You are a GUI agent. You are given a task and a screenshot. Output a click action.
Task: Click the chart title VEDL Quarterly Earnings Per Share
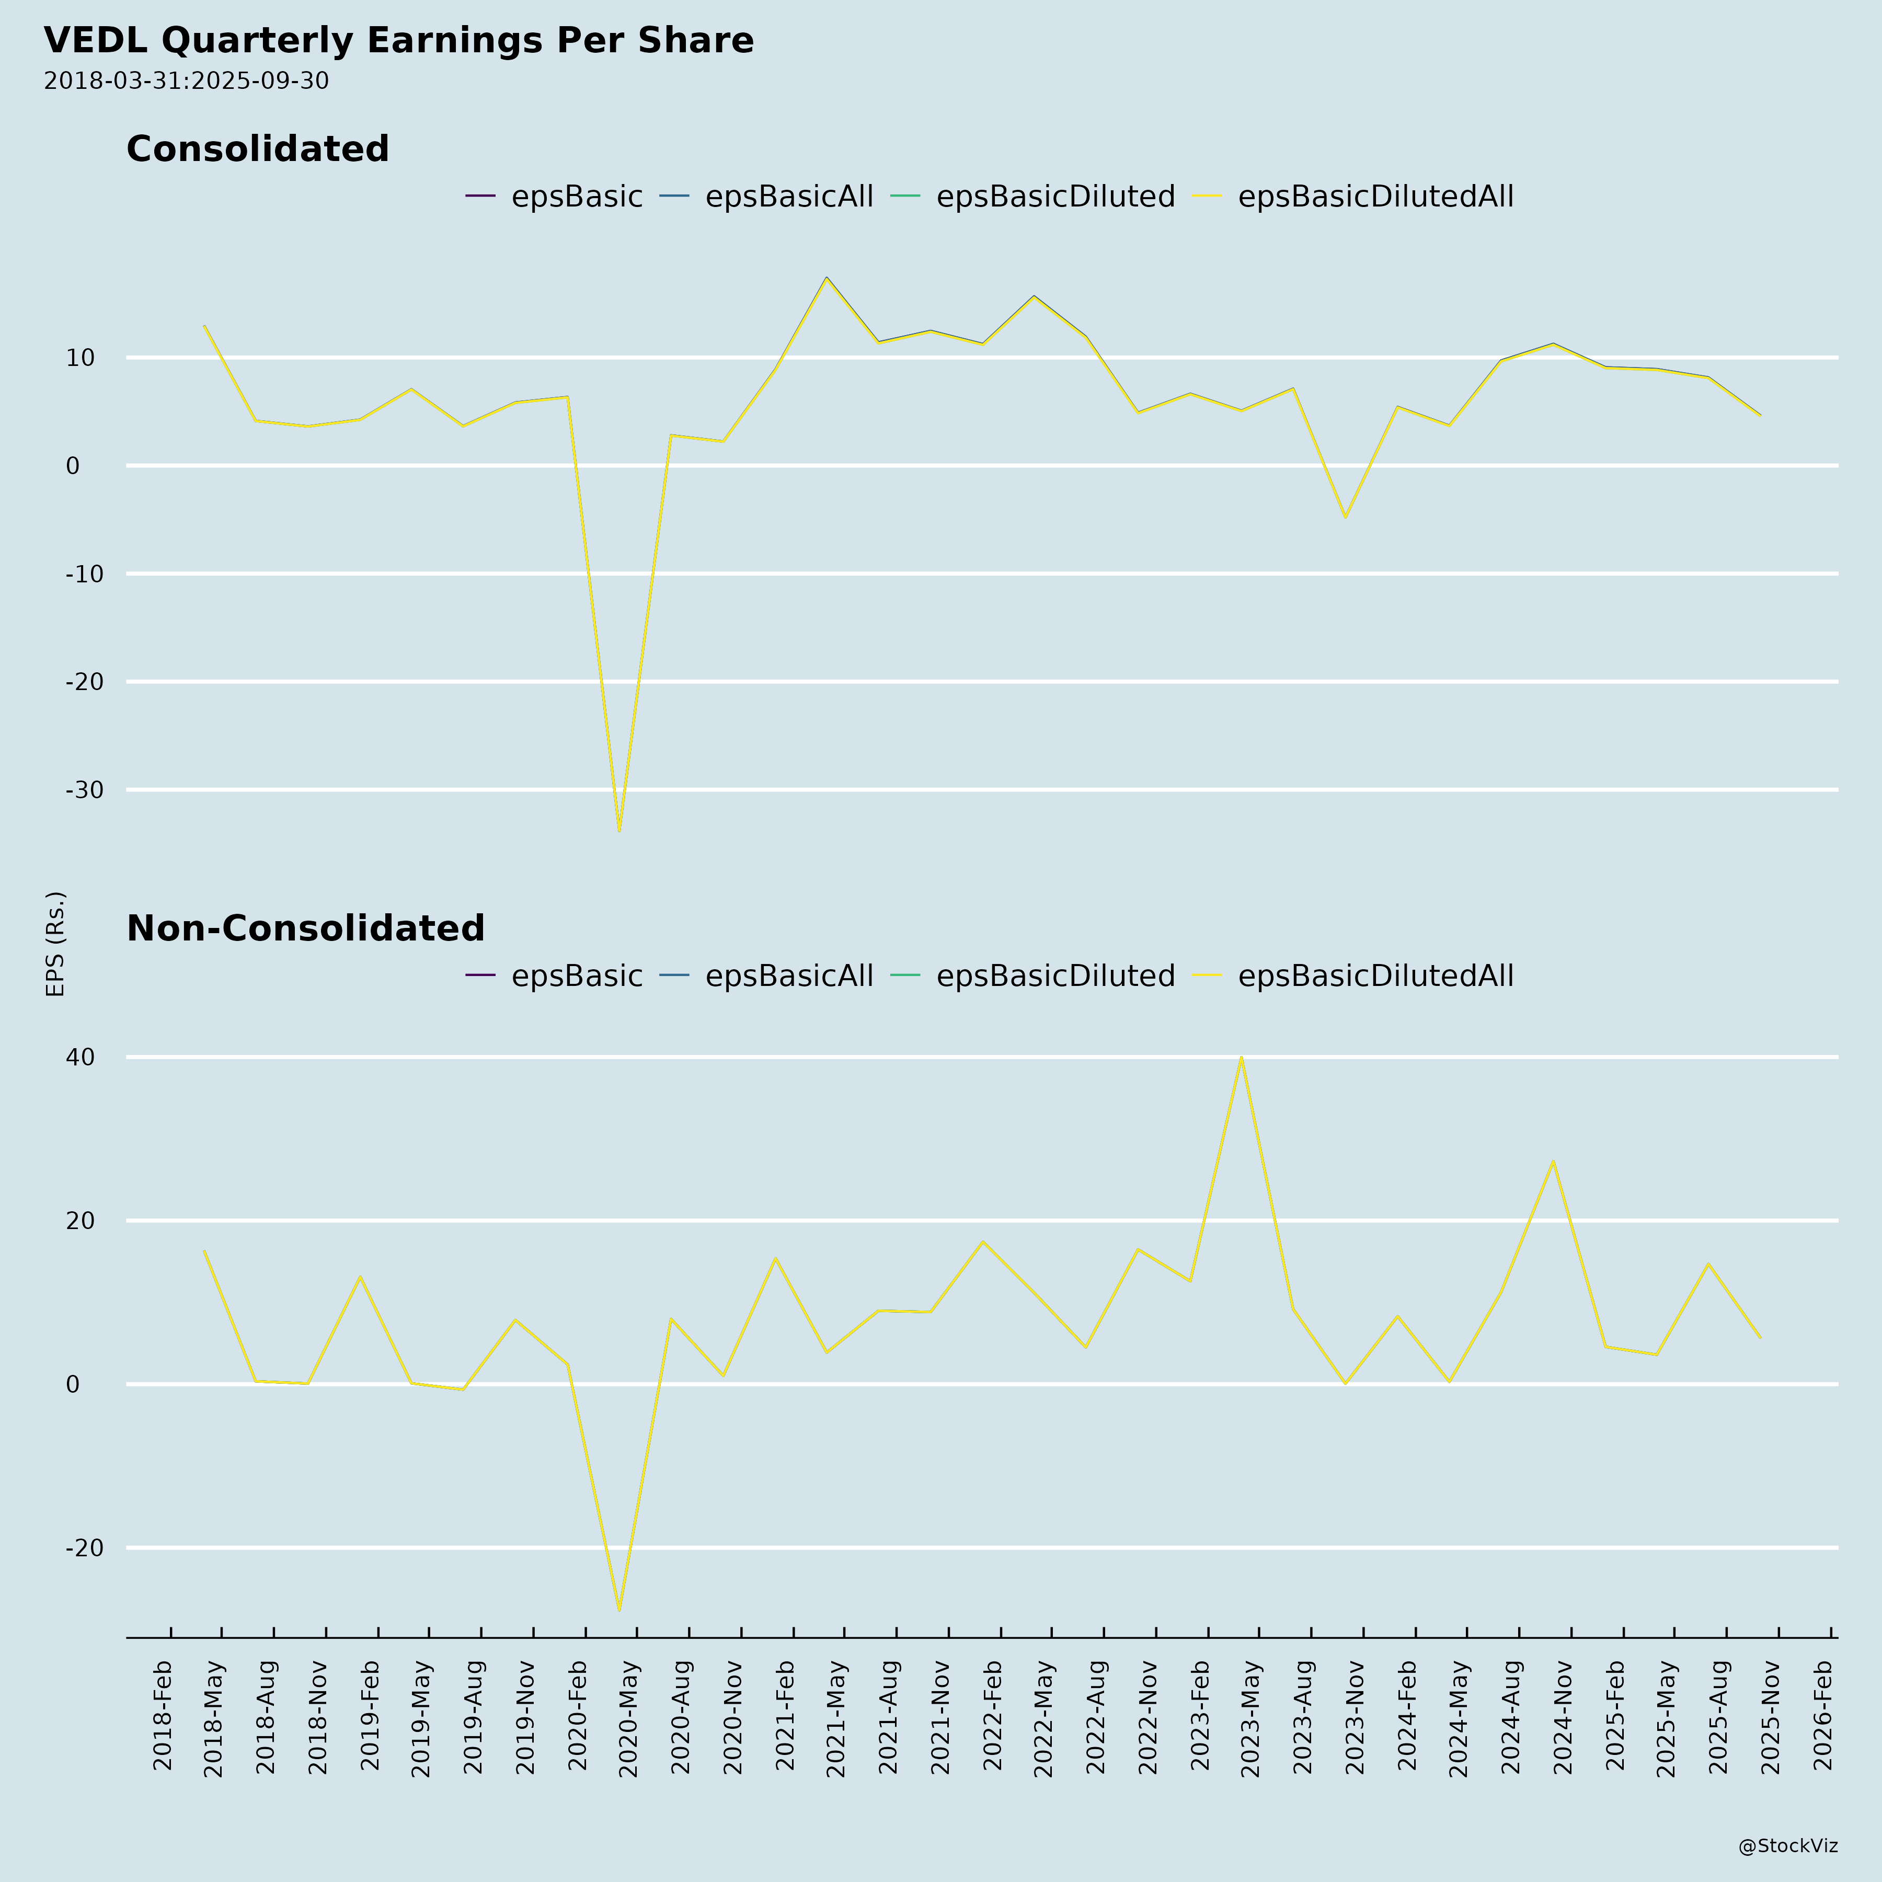coord(398,41)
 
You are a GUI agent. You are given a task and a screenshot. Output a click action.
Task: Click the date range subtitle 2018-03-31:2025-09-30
coord(186,81)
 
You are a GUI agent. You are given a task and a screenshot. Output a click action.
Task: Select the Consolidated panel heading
coord(257,149)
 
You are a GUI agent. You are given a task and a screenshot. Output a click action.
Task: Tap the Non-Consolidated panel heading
coord(305,928)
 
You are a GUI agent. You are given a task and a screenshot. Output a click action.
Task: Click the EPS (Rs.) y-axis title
coord(55,943)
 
